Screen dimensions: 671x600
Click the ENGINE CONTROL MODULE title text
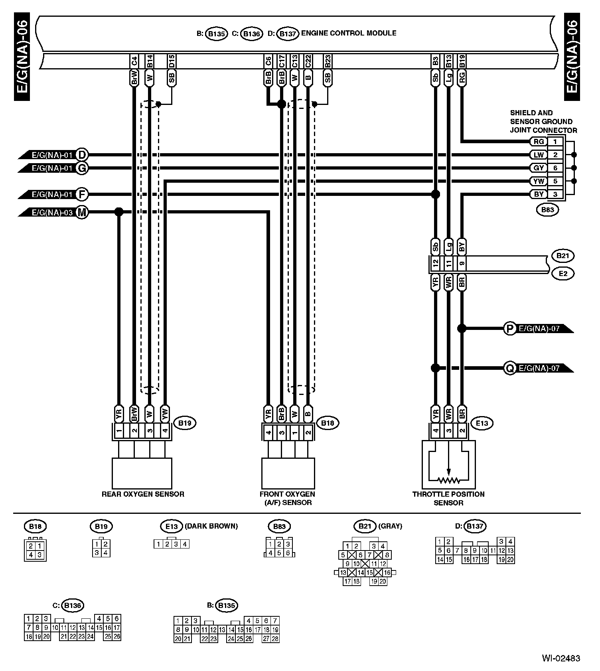point(348,33)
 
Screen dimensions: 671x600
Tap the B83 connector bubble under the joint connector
point(547,210)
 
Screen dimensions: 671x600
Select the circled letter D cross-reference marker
point(82,155)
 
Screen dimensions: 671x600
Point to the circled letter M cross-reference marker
point(82,212)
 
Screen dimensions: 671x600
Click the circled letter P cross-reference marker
point(509,329)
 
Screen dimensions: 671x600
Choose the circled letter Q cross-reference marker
point(509,368)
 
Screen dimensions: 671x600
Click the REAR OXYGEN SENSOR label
point(143,494)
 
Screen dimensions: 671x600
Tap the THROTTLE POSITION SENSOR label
point(448,498)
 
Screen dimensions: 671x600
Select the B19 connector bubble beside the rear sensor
point(185,423)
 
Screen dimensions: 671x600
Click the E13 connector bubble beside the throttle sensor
point(482,423)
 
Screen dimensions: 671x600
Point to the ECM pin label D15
point(172,61)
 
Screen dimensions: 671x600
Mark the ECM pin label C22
point(308,61)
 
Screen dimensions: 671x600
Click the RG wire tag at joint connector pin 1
point(539,142)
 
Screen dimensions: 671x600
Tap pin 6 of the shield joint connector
point(555,168)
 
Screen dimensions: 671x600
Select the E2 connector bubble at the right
point(562,274)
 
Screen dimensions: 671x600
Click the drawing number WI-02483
point(561,658)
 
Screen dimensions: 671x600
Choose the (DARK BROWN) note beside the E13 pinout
point(211,526)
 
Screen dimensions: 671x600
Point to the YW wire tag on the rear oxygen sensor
point(165,414)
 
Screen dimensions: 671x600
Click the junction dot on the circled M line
point(118,212)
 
